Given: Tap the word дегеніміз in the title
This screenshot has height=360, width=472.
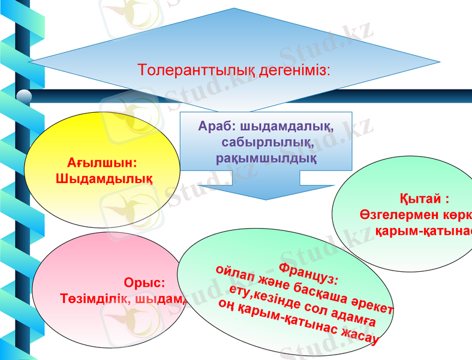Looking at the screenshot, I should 294,70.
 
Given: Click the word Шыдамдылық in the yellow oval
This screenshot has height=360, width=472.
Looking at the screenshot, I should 103,178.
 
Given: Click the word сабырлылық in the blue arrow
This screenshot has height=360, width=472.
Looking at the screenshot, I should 267,143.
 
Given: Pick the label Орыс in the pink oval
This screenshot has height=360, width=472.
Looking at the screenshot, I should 143,283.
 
